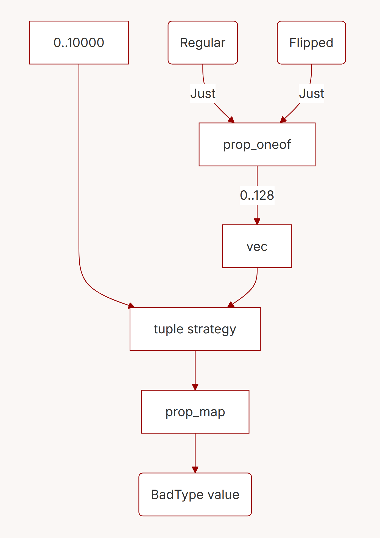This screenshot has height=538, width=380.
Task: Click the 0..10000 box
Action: [x=79, y=43]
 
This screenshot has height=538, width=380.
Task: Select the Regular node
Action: [x=203, y=43]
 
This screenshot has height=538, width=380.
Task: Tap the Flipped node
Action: [x=311, y=43]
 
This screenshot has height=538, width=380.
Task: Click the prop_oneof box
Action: [x=257, y=144]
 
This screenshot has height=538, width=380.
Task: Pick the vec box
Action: [x=257, y=246]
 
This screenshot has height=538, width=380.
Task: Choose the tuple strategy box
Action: [x=195, y=329]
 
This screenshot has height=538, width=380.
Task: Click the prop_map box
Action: [x=195, y=412]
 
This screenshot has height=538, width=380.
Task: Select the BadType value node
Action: [x=195, y=495]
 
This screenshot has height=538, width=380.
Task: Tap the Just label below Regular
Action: [x=203, y=94]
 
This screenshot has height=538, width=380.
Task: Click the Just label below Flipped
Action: [x=311, y=94]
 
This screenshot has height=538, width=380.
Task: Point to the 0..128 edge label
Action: [x=257, y=195]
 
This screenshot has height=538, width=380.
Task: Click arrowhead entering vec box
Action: [x=257, y=222]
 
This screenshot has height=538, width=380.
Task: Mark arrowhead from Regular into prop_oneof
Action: [x=231, y=120]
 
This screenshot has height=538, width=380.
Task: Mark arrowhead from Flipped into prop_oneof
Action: [x=283, y=120]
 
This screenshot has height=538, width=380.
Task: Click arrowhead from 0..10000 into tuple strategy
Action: [x=132, y=306]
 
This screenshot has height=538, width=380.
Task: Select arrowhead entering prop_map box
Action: [x=195, y=387]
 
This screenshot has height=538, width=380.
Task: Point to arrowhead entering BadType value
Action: [x=195, y=470]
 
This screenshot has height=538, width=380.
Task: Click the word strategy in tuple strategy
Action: [x=212, y=329]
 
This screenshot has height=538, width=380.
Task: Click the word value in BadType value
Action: [x=223, y=495]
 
